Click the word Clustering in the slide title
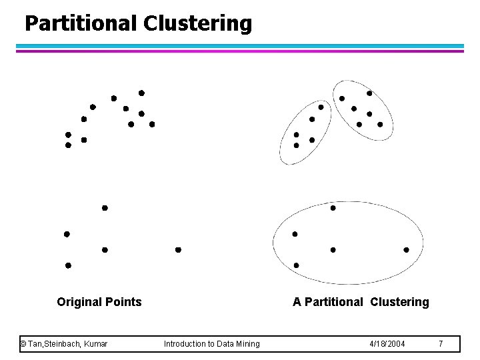point(197,24)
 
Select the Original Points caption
point(99,302)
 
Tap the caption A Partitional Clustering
point(361,302)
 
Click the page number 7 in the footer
point(440,343)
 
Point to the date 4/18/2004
point(387,343)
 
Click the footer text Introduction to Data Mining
point(212,343)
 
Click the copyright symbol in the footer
point(23,343)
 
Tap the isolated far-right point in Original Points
point(178,250)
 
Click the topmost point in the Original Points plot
point(141,93)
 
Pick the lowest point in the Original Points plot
point(68,265)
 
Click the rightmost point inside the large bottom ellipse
point(406,250)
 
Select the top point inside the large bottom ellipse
point(333,208)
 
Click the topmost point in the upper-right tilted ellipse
point(369,93)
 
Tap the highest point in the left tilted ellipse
point(321,107)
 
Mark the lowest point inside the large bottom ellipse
point(297,265)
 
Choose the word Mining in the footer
point(245,343)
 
